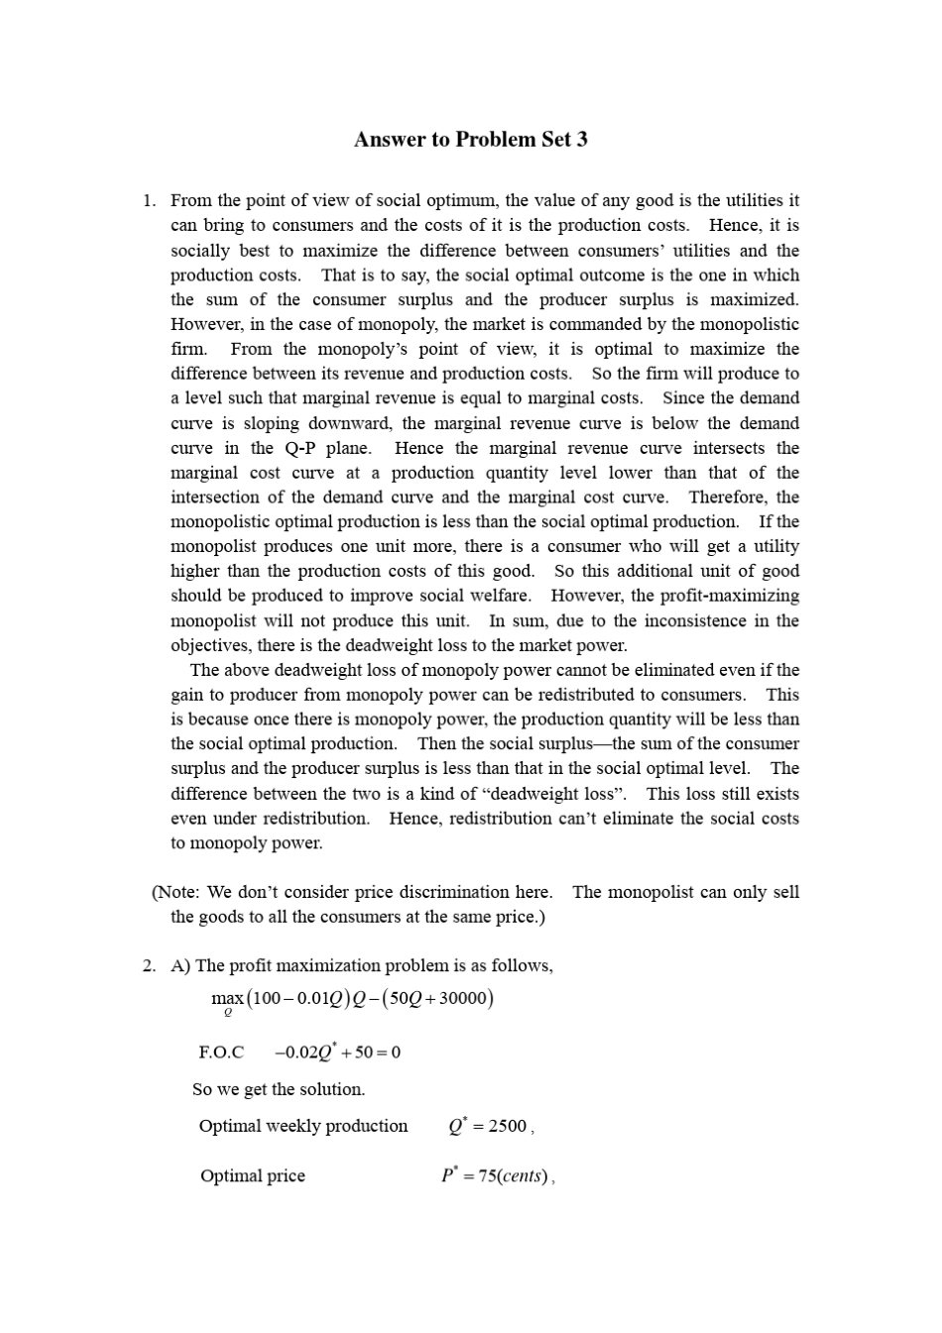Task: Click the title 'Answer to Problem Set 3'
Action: (x=470, y=140)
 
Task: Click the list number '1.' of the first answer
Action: (x=149, y=201)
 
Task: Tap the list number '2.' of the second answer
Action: (x=149, y=965)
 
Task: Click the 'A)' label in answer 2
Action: (x=180, y=965)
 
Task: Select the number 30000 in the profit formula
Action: (x=462, y=998)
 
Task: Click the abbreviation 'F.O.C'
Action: (x=221, y=1053)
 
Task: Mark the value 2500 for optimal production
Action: (x=507, y=1126)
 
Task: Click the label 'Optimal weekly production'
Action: (x=303, y=1126)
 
